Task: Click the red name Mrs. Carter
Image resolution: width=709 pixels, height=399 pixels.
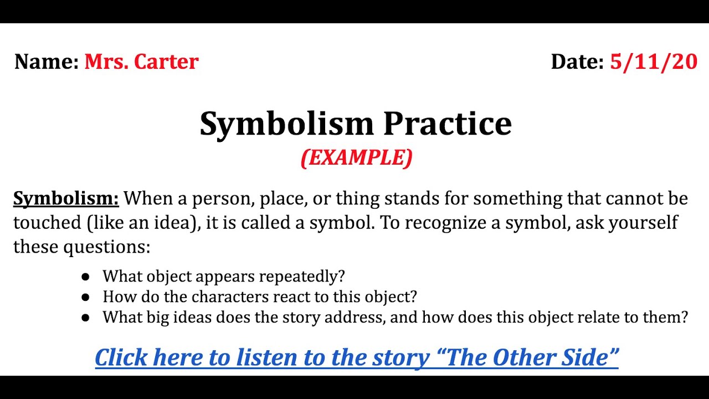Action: click(141, 62)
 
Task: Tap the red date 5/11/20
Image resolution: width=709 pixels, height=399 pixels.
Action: click(654, 62)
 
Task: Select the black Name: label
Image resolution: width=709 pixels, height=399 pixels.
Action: click(47, 62)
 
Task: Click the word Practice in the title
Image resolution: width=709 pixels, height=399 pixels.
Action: click(448, 124)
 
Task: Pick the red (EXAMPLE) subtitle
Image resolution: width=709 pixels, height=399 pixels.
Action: click(357, 158)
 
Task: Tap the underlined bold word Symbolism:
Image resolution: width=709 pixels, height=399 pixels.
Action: click(66, 198)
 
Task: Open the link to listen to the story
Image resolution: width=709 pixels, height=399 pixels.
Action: click(357, 357)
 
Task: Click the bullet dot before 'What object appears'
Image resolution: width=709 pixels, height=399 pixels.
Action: click(85, 276)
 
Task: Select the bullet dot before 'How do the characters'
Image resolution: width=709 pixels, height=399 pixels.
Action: click(85, 296)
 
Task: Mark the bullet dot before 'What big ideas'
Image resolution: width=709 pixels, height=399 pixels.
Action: click(85, 318)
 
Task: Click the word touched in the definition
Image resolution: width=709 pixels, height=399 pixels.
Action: click(47, 222)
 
